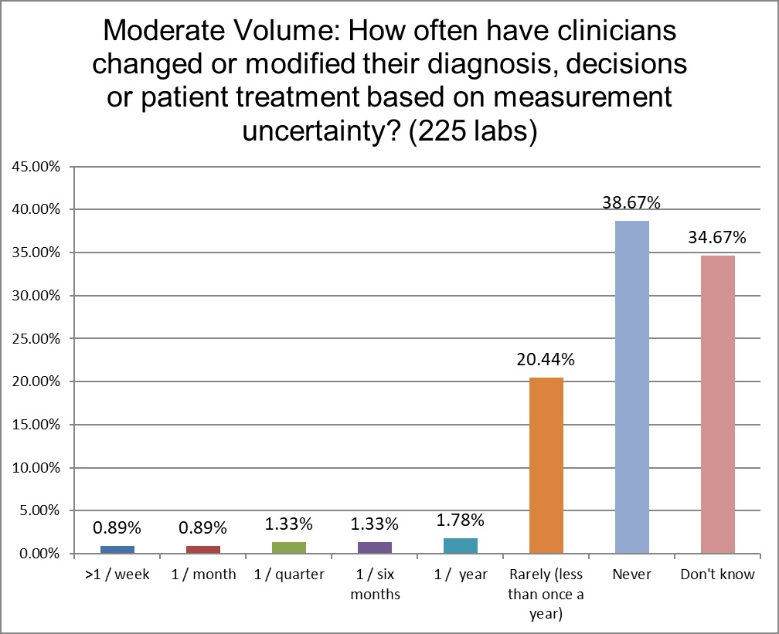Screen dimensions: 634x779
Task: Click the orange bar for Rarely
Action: pyautogui.click(x=546, y=465)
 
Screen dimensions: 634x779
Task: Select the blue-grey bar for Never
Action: pyautogui.click(x=631, y=387)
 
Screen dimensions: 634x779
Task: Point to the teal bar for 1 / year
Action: pyautogui.click(x=461, y=545)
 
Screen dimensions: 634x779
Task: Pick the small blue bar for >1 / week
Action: pyautogui.click(x=117, y=549)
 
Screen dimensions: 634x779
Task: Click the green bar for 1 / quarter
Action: pyautogui.click(x=289, y=548)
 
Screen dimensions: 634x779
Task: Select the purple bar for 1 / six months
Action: pyautogui.click(x=375, y=548)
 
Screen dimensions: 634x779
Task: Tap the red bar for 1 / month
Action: pyautogui.click(x=203, y=549)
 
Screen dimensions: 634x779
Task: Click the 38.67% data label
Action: pyautogui.click(x=631, y=203)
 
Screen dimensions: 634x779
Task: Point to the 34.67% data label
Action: pyautogui.click(x=717, y=237)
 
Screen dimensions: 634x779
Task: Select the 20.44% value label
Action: pyautogui.click(x=546, y=360)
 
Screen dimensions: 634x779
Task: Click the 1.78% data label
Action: pyautogui.click(x=461, y=520)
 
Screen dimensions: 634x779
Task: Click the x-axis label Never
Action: pyautogui.click(x=631, y=575)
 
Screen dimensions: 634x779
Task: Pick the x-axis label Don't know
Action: pyautogui.click(x=717, y=575)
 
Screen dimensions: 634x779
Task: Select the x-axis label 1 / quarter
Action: pyautogui.click(x=289, y=575)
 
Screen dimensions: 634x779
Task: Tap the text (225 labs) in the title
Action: pyautogui.click(x=471, y=132)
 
